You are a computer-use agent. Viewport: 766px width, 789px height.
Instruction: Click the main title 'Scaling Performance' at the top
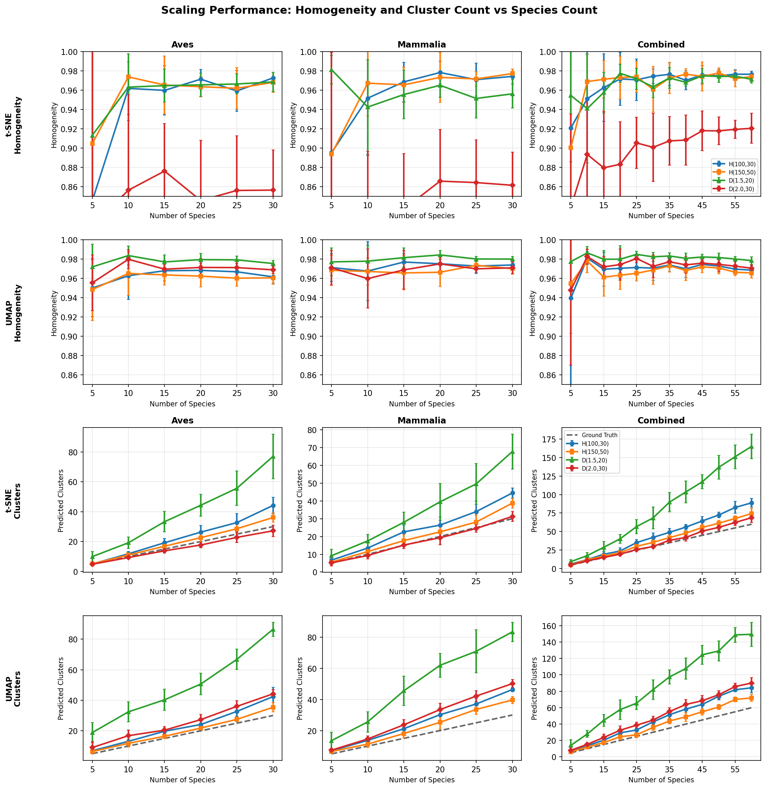tap(379, 10)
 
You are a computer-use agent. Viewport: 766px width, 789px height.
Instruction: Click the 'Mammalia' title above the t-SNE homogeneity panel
tap(422, 45)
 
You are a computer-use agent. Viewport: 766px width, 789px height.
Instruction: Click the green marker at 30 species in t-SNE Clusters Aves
tap(273, 456)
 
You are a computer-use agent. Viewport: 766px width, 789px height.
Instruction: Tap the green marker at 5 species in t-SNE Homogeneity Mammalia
tap(331, 70)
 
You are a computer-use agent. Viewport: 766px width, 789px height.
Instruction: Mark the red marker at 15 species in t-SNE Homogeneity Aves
tap(164, 171)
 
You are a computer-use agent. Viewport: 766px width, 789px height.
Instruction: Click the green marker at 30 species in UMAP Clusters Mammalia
tap(512, 632)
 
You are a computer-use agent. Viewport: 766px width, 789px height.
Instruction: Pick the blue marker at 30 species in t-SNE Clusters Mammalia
tap(512, 493)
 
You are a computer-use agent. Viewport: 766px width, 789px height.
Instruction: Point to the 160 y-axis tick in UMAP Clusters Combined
tap(549, 626)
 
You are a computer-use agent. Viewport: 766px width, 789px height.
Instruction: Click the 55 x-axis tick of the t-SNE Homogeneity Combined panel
tap(735, 204)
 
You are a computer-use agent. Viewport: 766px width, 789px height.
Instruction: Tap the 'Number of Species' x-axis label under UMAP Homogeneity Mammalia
tap(422, 404)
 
